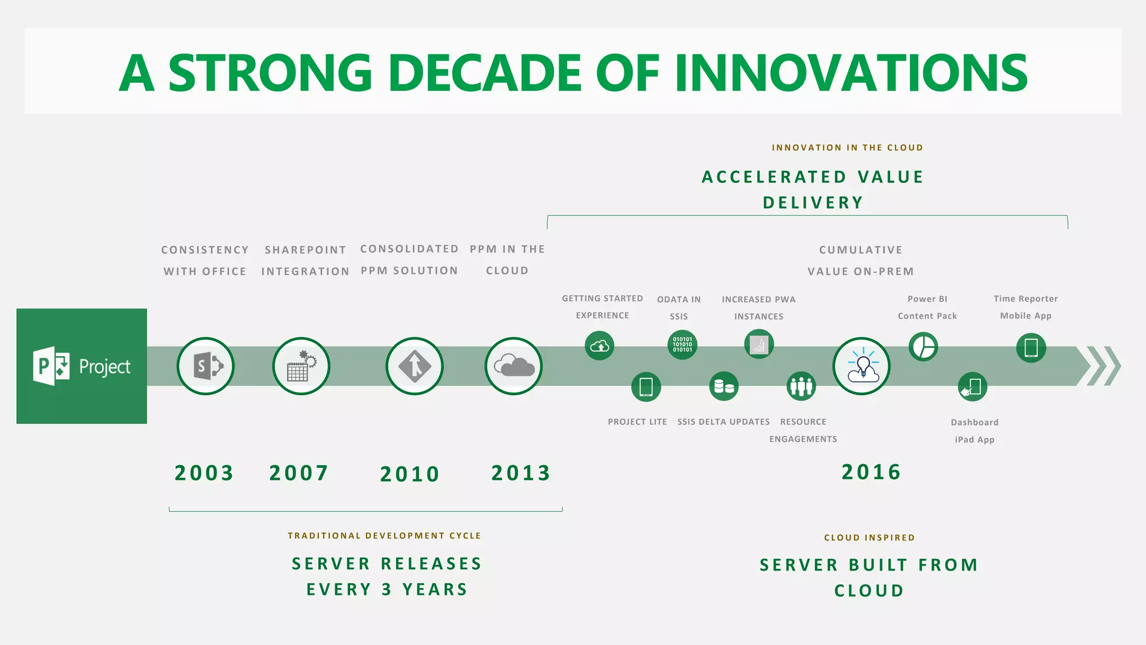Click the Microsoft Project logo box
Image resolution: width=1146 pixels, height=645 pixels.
(x=82, y=366)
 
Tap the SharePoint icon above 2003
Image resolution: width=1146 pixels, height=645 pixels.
(x=206, y=366)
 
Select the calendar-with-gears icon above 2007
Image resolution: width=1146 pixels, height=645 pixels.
(x=301, y=366)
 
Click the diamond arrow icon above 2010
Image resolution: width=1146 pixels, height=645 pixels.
(x=415, y=366)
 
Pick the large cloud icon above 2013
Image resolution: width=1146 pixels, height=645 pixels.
(x=514, y=366)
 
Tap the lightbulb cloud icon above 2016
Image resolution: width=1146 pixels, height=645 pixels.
(x=862, y=366)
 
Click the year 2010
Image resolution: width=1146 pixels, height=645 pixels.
(x=410, y=474)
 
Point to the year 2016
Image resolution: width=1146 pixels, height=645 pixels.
(x=871, y=472)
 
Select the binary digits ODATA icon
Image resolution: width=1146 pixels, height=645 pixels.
(x=682, y=344)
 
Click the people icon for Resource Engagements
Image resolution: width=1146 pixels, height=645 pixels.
(x=801, y=386)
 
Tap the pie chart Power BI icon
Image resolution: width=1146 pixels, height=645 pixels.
(x=923, y=347)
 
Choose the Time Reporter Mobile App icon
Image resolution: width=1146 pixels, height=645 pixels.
(x=1031, y=348)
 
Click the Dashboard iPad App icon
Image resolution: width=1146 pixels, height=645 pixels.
(x=973, y=387)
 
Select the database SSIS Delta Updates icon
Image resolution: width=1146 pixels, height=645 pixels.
(x=724, y=386)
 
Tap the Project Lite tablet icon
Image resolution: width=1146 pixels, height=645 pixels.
(x=646, y=387)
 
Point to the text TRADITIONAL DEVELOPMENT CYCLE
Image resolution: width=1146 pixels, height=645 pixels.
(x=384, y=536)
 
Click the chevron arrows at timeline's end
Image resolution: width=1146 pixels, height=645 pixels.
(x=1103, y=366)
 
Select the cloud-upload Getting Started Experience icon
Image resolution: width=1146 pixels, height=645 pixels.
(x=599, y=345)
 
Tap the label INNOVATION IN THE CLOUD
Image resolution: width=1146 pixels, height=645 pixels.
(x=847, y=148)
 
